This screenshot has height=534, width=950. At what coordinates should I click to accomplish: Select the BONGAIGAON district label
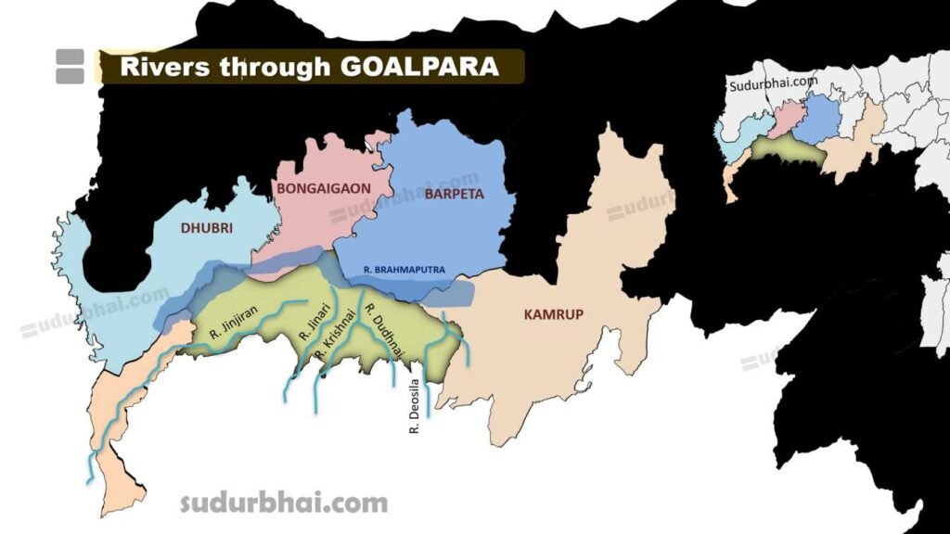click(324, 187)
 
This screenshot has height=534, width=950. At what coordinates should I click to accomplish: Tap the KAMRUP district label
click(553, 314)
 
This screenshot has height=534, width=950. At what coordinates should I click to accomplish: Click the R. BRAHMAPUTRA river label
click(405, 270)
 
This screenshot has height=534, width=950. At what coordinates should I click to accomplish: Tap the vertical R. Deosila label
click(415, 406)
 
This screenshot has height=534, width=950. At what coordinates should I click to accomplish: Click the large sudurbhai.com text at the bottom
click(283, 503)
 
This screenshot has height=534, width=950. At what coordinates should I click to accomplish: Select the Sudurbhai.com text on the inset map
click(772, 83)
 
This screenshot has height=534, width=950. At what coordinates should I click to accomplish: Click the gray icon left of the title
click(70, 67)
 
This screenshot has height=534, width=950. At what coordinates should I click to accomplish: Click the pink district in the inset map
click(786, 120)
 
